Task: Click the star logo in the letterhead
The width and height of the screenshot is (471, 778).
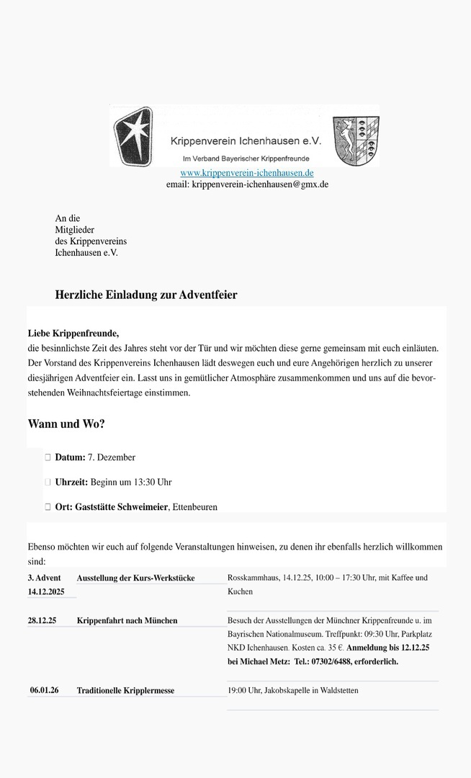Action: click(133, 136)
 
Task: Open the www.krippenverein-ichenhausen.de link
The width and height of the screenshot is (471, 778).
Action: click(246, 173)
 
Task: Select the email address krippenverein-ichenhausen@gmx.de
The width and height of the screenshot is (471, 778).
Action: click(260, 184)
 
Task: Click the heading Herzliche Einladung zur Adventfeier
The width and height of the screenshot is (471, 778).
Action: click(146, 295)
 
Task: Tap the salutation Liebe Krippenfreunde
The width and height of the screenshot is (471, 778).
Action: click(73, 333)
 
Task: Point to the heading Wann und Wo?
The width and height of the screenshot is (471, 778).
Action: click(66, 424)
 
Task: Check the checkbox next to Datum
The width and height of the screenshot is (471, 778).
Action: click(48, 457)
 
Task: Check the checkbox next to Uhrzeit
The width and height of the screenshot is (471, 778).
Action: click(48, 482)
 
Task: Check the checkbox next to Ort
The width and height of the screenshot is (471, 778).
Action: click(48, 506)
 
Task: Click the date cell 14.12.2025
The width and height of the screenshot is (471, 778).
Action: click(46, 591)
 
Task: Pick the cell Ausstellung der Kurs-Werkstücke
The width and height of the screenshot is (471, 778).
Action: click(135, 578)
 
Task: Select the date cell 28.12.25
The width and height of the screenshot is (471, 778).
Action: click(42, 620)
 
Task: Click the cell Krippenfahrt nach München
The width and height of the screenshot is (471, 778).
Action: click(127, 620)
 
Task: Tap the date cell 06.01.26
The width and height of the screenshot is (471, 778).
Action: click(44, 690)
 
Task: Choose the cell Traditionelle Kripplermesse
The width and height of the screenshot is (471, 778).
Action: click(125, 690)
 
